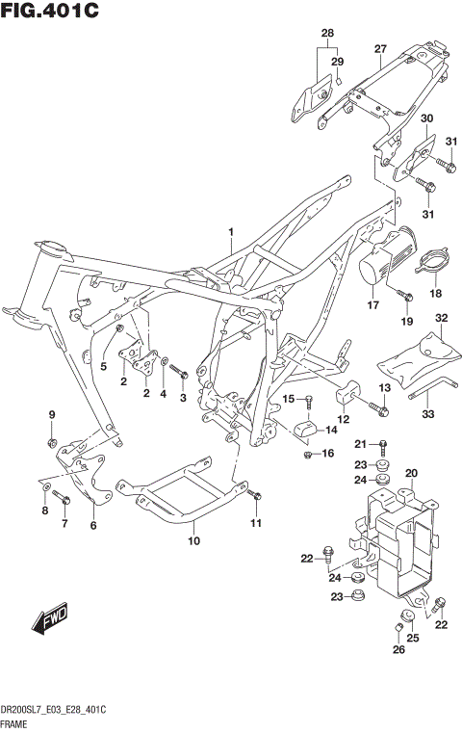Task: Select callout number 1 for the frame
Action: (x=231, y=232)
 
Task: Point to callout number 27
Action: (x=380, y=50)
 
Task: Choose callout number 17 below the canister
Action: (x=372, y=305)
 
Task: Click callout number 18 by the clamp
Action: (x=435, y=294)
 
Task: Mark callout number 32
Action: (x=441, y=318)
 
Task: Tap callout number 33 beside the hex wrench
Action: (x=428, y=414)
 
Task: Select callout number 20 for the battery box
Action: (x=411, y=472)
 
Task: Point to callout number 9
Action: (x=53, y=415)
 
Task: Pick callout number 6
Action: (x=93, y=526)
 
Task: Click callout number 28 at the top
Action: (x=327, y=34)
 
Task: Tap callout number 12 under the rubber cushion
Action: (x=343, y=420)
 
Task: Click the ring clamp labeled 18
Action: (x=432, y=261)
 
